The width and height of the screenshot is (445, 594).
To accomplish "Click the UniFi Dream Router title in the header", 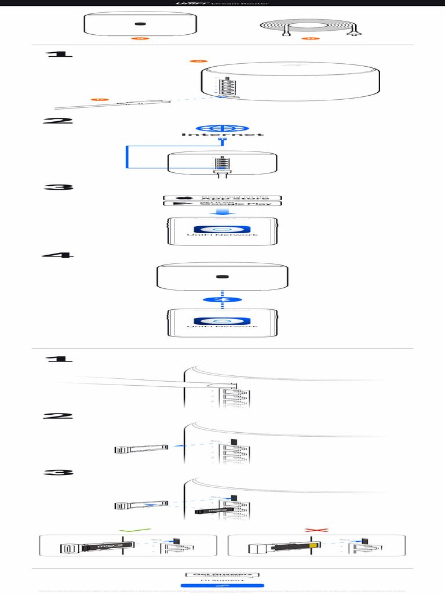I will point(222,4).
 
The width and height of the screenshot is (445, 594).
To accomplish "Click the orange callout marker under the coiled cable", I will point(312,39).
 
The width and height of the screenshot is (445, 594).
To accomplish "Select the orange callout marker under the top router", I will point(140,39).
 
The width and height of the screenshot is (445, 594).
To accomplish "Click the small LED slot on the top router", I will point(140,24).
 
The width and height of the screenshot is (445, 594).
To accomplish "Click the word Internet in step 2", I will point(222,135).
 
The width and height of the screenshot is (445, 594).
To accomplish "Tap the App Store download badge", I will point(222,198).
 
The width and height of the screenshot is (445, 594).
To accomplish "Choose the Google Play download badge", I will point(222,204).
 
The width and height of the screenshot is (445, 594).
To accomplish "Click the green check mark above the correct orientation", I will point(134,530).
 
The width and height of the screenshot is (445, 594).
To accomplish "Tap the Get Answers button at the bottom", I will point(222,574).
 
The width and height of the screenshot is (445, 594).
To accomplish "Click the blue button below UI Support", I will point(222,586).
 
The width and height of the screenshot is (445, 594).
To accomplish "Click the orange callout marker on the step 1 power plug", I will point(100,100).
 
